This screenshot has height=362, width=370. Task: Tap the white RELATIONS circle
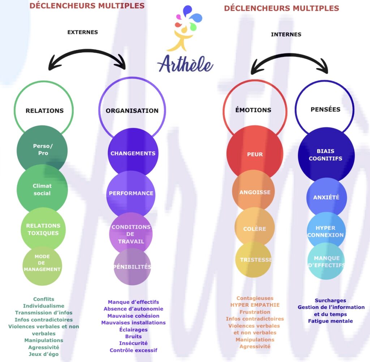click(44, 108)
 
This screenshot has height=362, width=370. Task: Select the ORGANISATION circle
click(132, 108)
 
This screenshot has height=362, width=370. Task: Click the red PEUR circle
click(255, 154)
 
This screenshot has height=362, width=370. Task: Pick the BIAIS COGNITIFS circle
click(325, 154)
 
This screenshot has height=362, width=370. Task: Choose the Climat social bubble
click(42, 189)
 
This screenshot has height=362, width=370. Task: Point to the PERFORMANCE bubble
click(131, 193)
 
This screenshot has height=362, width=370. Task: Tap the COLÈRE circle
click(254, 228)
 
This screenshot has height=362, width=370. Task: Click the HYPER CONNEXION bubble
click(326, 231)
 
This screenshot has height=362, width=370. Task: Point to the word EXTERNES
click(82, 32)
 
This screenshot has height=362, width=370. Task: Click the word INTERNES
click(286, 34)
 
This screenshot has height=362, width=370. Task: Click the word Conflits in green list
click(44, 299)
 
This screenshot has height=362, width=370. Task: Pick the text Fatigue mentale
click(330, 321)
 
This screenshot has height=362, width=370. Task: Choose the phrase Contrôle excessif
click(133, 350)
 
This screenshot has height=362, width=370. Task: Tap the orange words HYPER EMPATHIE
click(255, 305)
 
